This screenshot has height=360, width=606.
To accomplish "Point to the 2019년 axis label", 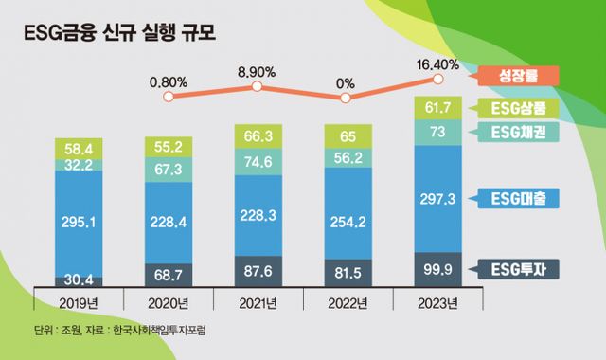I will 79,304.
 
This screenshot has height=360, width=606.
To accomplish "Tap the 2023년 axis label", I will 438,304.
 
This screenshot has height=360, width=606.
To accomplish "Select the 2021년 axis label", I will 258,304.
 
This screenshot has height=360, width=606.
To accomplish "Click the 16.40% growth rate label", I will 437,64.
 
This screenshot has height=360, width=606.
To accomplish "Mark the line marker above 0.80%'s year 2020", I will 169,97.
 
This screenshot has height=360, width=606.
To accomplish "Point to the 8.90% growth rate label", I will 258,71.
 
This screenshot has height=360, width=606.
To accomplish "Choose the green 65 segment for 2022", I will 348,136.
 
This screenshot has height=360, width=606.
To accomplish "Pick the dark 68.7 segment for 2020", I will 169,273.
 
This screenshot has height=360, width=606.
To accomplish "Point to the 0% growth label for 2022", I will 348,82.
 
